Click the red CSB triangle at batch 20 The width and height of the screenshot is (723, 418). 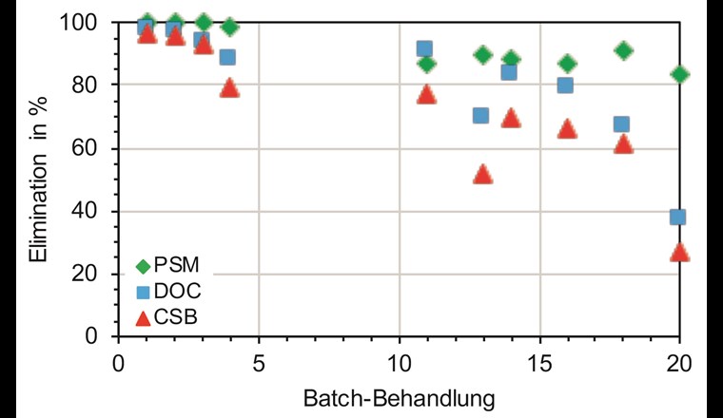click(679, 252)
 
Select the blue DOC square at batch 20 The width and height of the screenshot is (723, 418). click(677, 217)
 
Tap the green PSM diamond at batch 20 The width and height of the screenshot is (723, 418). click(679, 74)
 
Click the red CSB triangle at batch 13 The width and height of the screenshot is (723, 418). click(482, 174)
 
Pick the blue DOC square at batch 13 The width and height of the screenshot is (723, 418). click(480, 116)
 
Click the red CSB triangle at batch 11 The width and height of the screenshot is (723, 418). click(426, 94)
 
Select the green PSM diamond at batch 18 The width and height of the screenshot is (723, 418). click(623, 50)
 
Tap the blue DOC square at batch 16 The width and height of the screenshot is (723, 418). click(565, 85)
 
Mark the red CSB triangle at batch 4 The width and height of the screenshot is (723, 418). click(229, 87)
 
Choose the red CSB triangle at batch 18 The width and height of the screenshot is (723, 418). click(623, 143)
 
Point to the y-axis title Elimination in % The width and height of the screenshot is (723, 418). click(37, 180)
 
